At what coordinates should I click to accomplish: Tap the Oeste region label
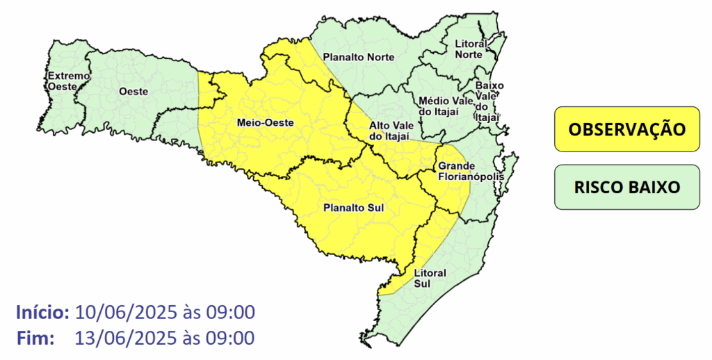pyautogui.click(x=132, y=91)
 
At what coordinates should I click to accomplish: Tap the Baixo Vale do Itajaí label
pyautogui.click(x=488, y=101)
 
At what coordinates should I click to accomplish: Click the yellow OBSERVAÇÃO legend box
pyautogui.click(x=626, y=129)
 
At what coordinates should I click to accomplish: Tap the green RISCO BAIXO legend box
pyautogui.click(x=626, y=188)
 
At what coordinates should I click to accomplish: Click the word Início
pyautogui.click(x=42, y=312)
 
